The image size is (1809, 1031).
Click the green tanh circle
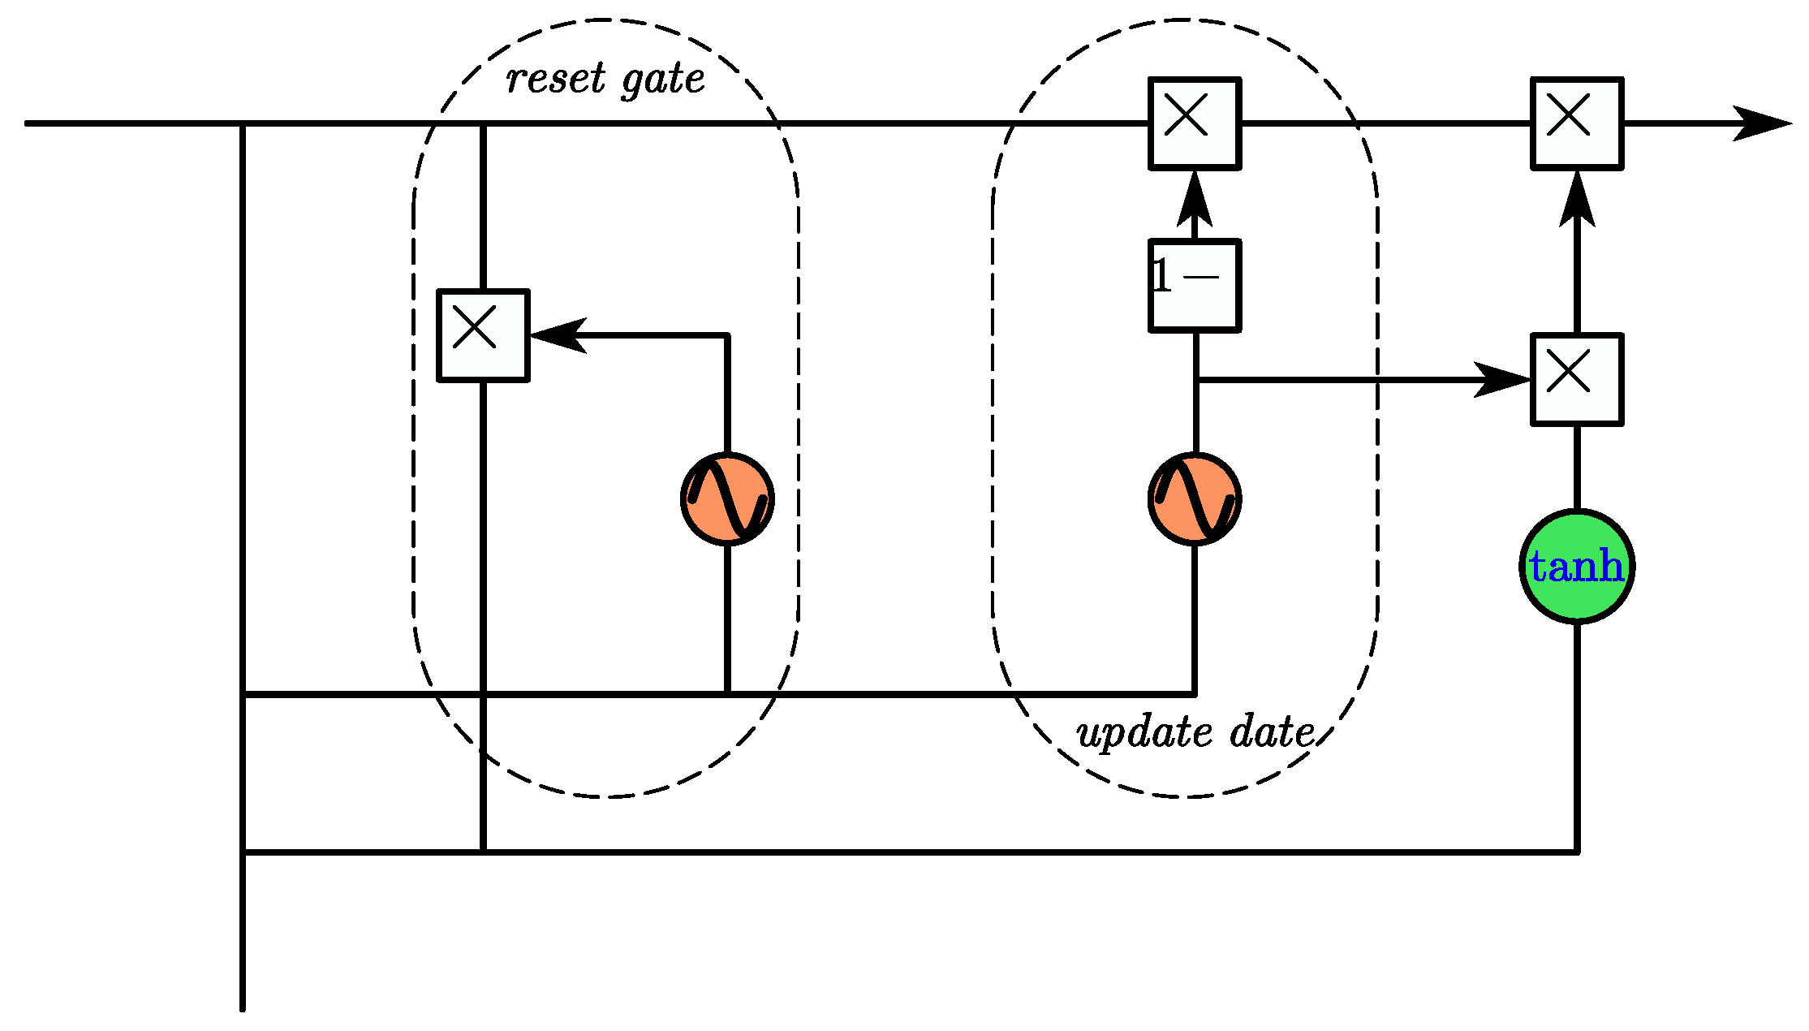coord(1576,567)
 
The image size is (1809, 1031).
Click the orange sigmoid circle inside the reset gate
coord(727,498)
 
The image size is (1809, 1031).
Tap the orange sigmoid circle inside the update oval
coord(1195,498)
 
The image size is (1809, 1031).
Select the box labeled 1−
coord(1195,286)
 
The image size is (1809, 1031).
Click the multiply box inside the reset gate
coord(483,334)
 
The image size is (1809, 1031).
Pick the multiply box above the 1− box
coord(1195,123)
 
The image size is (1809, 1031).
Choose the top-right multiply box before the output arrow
coord(1576,123)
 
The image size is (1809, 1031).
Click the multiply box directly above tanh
coord(1576,379)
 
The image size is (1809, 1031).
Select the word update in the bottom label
coord(1144,734)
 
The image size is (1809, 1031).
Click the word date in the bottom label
coord(1272,732)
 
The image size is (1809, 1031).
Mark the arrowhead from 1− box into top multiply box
coord(1195,201)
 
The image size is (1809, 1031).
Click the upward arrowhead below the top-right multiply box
coord(1577,201)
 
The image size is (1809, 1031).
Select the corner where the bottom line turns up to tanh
coord(1576,852)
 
